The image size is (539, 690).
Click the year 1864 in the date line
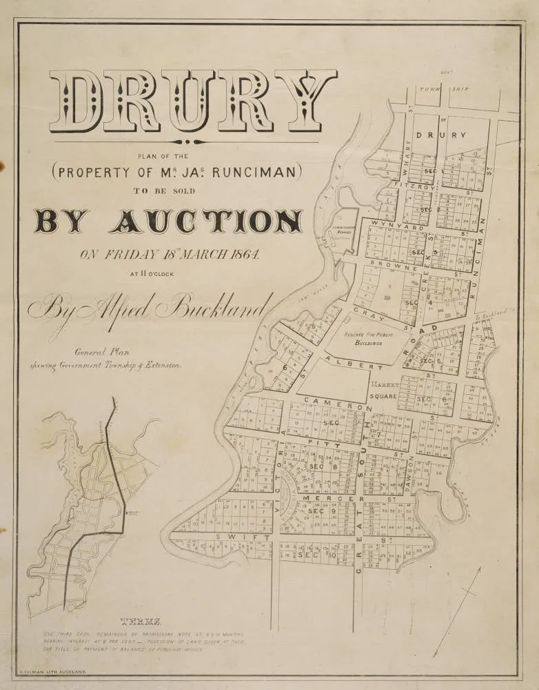click(x=241, y=254)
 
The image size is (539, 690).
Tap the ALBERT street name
click(x=356, y=364)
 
